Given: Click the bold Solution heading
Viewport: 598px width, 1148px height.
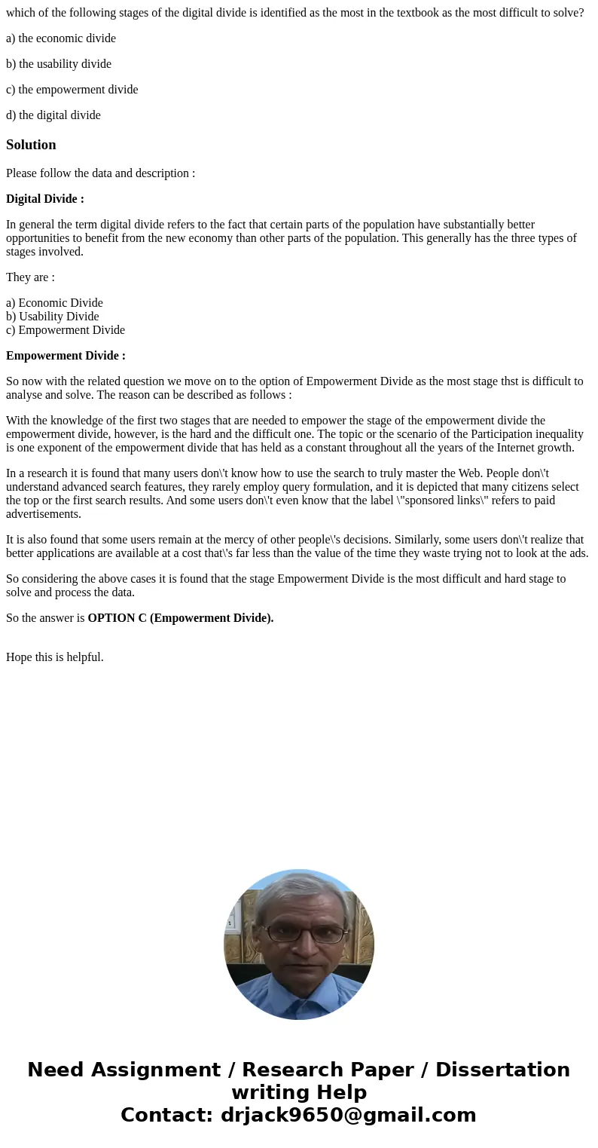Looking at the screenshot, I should tap(31, 145).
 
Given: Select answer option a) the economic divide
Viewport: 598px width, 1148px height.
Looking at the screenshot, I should tap(61, 38).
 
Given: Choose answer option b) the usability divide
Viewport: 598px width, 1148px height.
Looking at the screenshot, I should tap(59, 64).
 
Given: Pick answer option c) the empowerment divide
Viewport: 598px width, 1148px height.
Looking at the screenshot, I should tap(72, 90).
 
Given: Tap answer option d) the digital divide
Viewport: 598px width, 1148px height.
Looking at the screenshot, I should tap(53, 115).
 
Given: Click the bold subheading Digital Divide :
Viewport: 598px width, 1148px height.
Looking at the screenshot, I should tap(45, 199).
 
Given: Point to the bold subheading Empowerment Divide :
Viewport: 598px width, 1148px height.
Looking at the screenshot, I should tap(66, 356).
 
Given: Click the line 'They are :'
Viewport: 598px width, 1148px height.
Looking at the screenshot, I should tap(30, 277).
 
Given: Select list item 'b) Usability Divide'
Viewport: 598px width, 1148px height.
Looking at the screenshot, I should tap(53, 317).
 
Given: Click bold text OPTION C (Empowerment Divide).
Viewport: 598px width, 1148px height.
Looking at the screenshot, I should tap(181, 618).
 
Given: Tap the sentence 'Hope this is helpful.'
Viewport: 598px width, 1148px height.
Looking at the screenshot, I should tap(55, 657).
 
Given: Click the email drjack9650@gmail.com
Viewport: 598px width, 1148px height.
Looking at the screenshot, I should tap(348, 1115).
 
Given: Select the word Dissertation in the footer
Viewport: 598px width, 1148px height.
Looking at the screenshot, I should tap(502, 1070).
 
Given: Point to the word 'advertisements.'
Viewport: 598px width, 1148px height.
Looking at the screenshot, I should tap(44, 514).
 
